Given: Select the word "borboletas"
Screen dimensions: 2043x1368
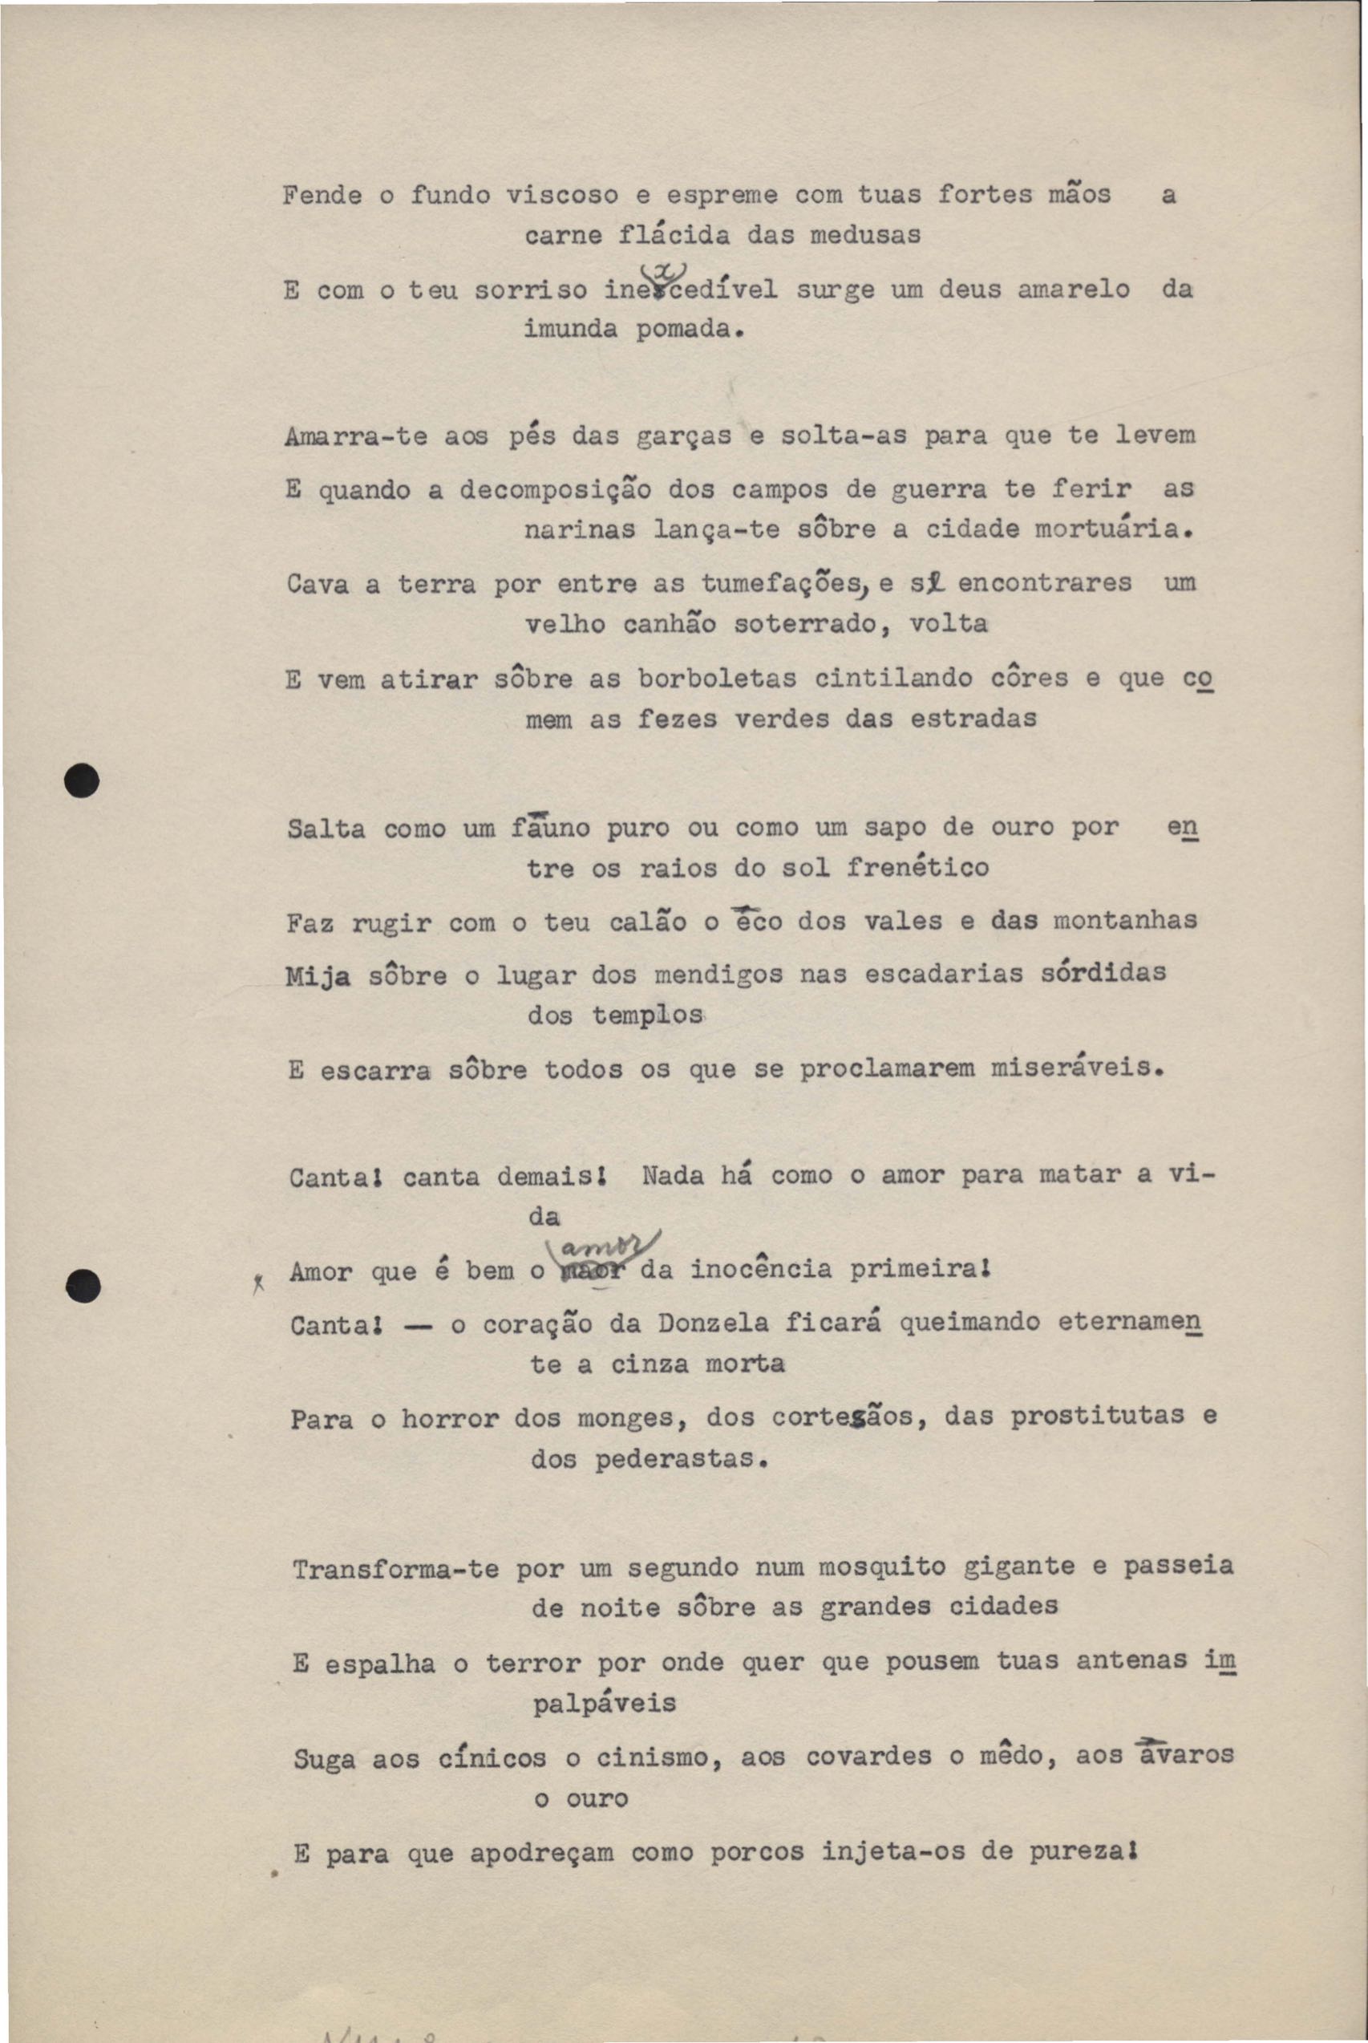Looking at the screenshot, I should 716,679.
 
